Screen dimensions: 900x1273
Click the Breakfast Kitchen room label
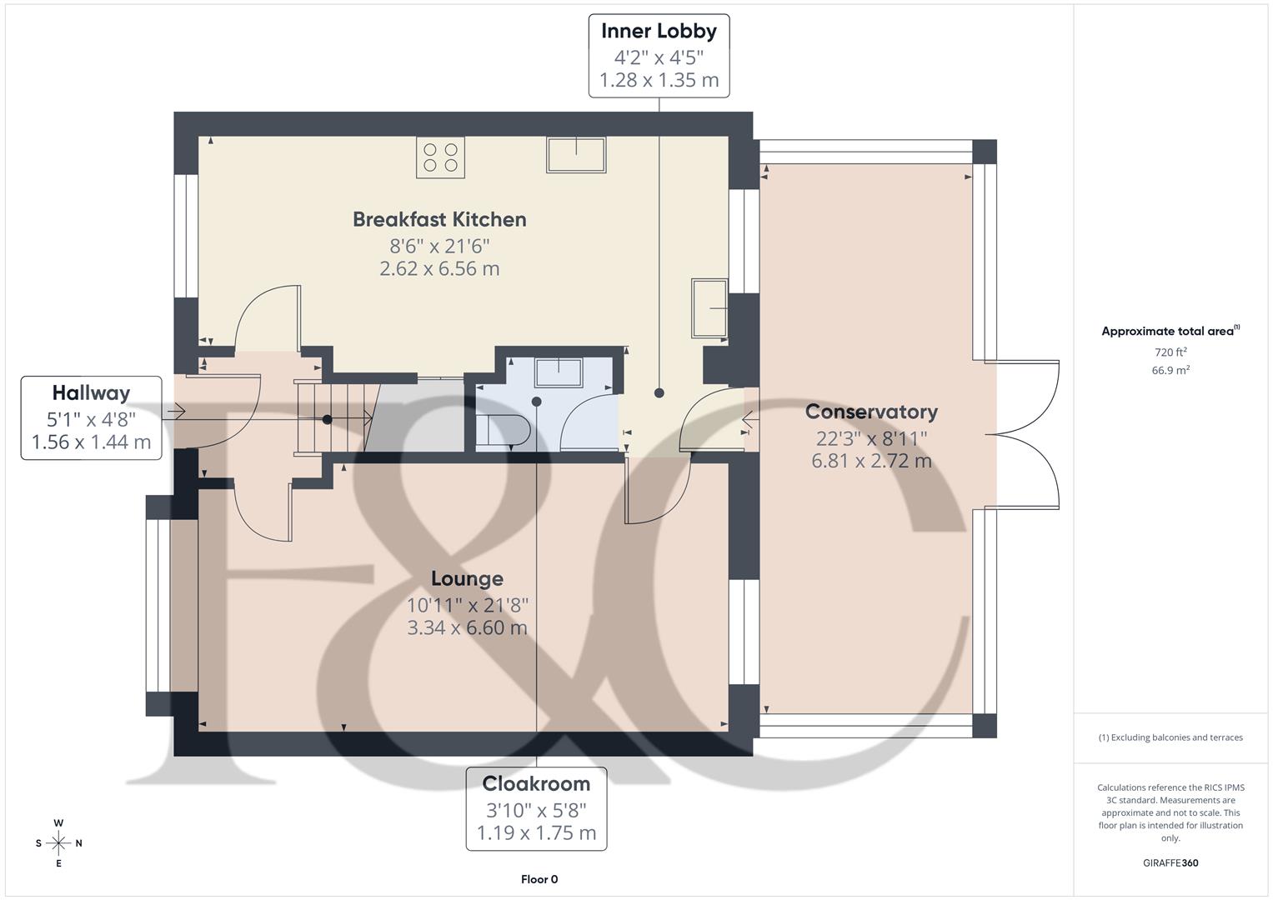[x=439, y=219]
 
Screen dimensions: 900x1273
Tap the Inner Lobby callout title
[x=659, y=31]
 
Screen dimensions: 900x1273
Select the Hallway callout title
[x=91, y=392]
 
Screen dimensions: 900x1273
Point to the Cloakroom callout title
[x=536, y=783]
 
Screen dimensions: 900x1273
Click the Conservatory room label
[x=871, y=412]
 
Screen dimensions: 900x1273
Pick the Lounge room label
[x=467, y=578]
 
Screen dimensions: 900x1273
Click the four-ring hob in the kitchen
[x=440, y=157]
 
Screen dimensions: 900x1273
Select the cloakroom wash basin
[x=558, y=372]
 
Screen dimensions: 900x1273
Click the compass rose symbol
[x=58, y=842]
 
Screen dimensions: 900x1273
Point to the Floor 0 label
[x=539, y=879]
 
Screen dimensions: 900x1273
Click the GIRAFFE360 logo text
[x=1170, y=862]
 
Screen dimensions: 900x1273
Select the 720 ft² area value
[x=1170, y=352]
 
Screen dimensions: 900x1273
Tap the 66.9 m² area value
[x=1170, y=370]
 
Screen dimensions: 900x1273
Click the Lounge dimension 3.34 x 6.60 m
[x=467, y=627]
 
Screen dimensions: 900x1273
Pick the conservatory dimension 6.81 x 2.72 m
[x=871, y=461]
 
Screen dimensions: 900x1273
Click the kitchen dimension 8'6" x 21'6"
[x=439, y=246]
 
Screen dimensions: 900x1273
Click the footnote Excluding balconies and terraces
[x=1170, y=737]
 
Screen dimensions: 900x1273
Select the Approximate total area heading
[x=1170, y=331]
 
